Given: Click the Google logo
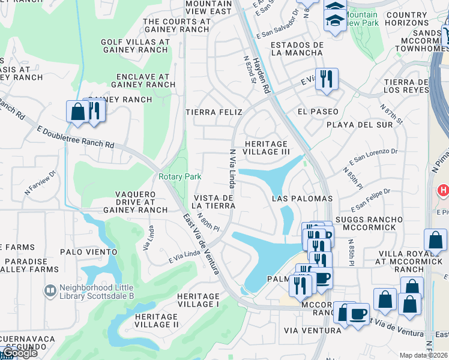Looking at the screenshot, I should tap(19, 353).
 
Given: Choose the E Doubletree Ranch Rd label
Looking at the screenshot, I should tap(75, 137).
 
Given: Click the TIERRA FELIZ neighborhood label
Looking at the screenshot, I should tap(214, 112).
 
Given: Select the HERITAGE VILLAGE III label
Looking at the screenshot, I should tap(267, 148).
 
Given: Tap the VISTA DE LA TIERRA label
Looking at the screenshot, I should tap(214, 202).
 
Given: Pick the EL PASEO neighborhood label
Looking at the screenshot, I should tap(318, 112).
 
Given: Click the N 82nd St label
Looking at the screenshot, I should tap(247, 71).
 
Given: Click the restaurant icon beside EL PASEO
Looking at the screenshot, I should tap(327, 78).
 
